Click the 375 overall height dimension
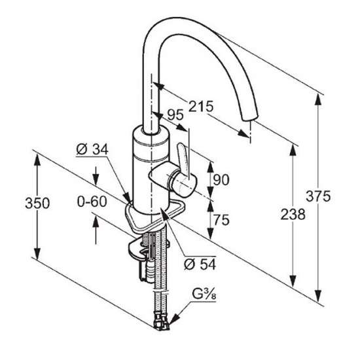coord(318,196)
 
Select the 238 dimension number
coord(293,214)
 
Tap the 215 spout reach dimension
coord(201,106)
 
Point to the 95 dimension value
coord(175,115)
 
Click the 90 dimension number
coord(221,179)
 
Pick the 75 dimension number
coord(221,220)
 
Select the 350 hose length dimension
coord(37,203)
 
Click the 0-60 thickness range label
coord(92,202)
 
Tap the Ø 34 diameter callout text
coord(92,149)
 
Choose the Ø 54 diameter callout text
coord(200,264)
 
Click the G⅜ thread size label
coord(204,295)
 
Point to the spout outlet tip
coord(250,117)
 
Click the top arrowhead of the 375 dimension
coord(318,99)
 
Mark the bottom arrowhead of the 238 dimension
coord(293,281)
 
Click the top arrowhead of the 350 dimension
coord(37,160)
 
